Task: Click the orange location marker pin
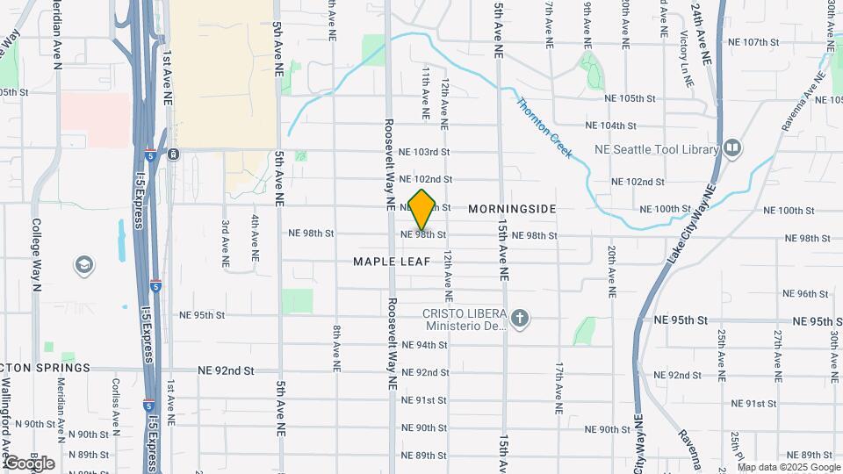[x=422, y=210]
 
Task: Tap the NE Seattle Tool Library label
[x=668, y=149]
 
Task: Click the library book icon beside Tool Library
[x=733, y=148]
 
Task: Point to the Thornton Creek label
[x=544, y=128]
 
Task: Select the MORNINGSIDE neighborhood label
[x=512, y=209]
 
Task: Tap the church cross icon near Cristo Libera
[x=520, y=318]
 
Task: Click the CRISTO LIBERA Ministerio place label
[x=465, y=320]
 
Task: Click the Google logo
[x=29, y=463]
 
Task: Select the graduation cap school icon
[x=84, y=265]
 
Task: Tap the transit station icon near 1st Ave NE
[x=174, y=154]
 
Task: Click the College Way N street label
[x=37, y=254]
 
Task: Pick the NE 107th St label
[x=753, y=42]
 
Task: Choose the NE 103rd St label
[x=424, y=152]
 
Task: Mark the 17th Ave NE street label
[x=558, y=387]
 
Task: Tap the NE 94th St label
[x=424, y=345]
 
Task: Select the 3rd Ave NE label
[x=226, y=243]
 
